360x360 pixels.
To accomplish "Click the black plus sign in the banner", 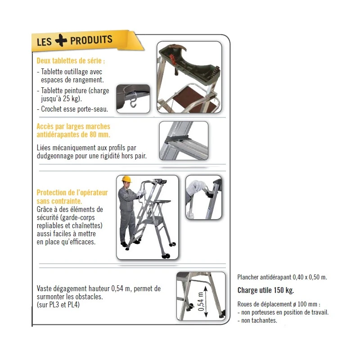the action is tap(61, 40).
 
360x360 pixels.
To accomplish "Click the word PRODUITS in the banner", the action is tap(91, 40).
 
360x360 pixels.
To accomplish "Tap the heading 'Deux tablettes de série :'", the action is tap(71, 61).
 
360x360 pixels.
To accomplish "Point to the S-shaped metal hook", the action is tap(133, 102).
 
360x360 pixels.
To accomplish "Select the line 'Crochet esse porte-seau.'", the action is tap(72, 109).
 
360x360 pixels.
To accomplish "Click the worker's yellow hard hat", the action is tap(126, 179).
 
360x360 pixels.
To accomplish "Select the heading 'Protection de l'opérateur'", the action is tap(72, 193).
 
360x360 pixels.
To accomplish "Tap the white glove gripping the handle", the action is tap(196, 187).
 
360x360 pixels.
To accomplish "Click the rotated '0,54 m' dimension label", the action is tap(201, 301).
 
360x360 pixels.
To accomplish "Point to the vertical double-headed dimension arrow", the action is tap(206, 301).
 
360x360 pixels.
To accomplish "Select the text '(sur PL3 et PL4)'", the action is tap(58, 305).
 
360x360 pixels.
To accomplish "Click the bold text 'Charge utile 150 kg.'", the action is tap(265, 290).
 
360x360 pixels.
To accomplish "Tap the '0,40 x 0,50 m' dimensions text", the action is tap(310, 277).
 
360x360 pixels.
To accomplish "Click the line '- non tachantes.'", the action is tap(257, 320).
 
